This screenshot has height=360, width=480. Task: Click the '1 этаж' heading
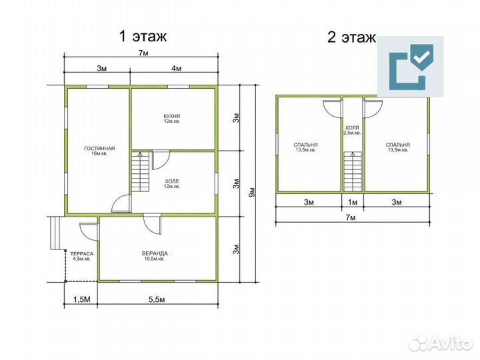pyautogui.click(x=143, y=36)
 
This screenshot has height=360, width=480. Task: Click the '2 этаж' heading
pyautogui.click(x=351, y=37)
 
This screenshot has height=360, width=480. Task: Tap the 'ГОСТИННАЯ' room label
pyautogui.click(x=99, y=149)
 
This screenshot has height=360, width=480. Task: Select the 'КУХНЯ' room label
pyautogui.click(x=172, y=116)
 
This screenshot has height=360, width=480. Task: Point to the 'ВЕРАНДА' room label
pyautogui.click(x=155, y=253)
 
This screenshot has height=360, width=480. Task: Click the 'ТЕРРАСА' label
pyautogui.click(x=82, y=254)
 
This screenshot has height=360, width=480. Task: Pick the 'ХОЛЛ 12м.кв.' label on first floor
pyautogui.click(x=171, y=184)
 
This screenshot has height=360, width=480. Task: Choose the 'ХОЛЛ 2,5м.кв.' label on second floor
pyautogui.click(x=352, y=130)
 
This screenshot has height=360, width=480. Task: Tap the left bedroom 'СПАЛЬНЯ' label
pyautogui.click(x=305, y=145)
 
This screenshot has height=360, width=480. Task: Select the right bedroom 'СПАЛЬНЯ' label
pyautogui.click(x=397, y=145)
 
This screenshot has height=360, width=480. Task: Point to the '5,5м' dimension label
pyautogui.click(x=157, y=299)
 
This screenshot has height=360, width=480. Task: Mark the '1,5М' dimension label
pyautogui.click(x=82, y=299)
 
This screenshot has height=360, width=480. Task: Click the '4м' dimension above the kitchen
pyautogui.click(x=176, y=68)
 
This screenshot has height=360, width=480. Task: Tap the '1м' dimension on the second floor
pyautogui.click(x=353, y=202)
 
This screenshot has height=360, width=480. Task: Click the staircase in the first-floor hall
pyautogui.click(x=141, y=171)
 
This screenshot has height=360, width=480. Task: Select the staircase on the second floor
pyautogui.click(x=353, y=171)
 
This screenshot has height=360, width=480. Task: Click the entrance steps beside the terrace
pyautogui.click(x=56, y=233)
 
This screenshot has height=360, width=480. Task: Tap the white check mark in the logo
pyautogui.click(x=421, y=57)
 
